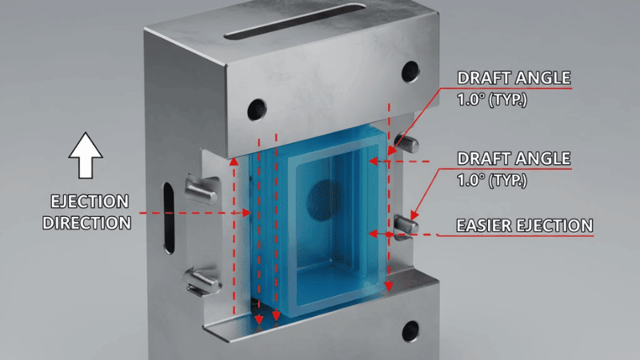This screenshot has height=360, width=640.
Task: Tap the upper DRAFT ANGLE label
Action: click(514, 78)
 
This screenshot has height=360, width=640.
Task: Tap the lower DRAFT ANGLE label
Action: click(514, 158)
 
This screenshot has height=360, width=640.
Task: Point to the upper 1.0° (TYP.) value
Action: click(493, 102)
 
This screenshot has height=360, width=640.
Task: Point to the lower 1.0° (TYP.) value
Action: click(493, 182)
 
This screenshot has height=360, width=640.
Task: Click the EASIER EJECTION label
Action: click(524, 226)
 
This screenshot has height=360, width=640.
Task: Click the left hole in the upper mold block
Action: click(258, 106)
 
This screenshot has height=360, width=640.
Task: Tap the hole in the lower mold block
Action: click(411, 328)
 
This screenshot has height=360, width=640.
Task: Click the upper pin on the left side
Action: click(200, 189)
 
